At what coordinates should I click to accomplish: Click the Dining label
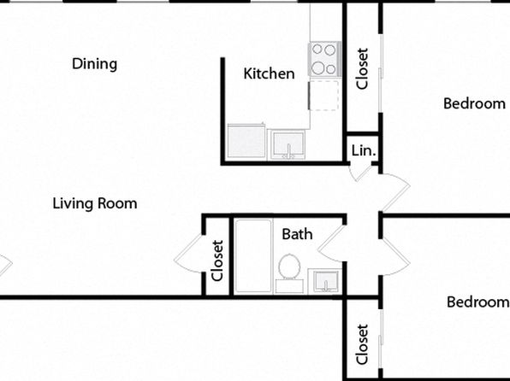(x=94, y=64)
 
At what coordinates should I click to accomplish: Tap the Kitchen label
(x=269, y=73)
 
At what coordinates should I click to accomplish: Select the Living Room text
(x=95, y=203)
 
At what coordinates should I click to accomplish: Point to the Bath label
(x=297, y=234)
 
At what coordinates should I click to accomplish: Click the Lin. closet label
(x=364, y=150)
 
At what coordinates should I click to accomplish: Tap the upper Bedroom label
(x=474, y=103)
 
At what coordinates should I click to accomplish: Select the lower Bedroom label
(x=477, y=302)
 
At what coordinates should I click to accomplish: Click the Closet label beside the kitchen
(x=362, y=68)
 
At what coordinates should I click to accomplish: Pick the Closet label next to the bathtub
(x=217, y=261)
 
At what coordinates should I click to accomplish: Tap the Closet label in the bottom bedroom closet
(x=362, y=344)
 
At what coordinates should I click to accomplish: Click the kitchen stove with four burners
(x=324, y=59)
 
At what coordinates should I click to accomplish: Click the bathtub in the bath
(x=253, y=256)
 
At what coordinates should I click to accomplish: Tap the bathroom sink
(x=324, y=280)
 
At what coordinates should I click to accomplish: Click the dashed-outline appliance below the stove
(x=323, y=96)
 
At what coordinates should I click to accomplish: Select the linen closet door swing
(x=360, y=173)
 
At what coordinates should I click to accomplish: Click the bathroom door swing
(x=330, y=243)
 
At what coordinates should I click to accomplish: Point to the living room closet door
(x=188, y=254)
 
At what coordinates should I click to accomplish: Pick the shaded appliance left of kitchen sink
(x=246, y=141)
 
